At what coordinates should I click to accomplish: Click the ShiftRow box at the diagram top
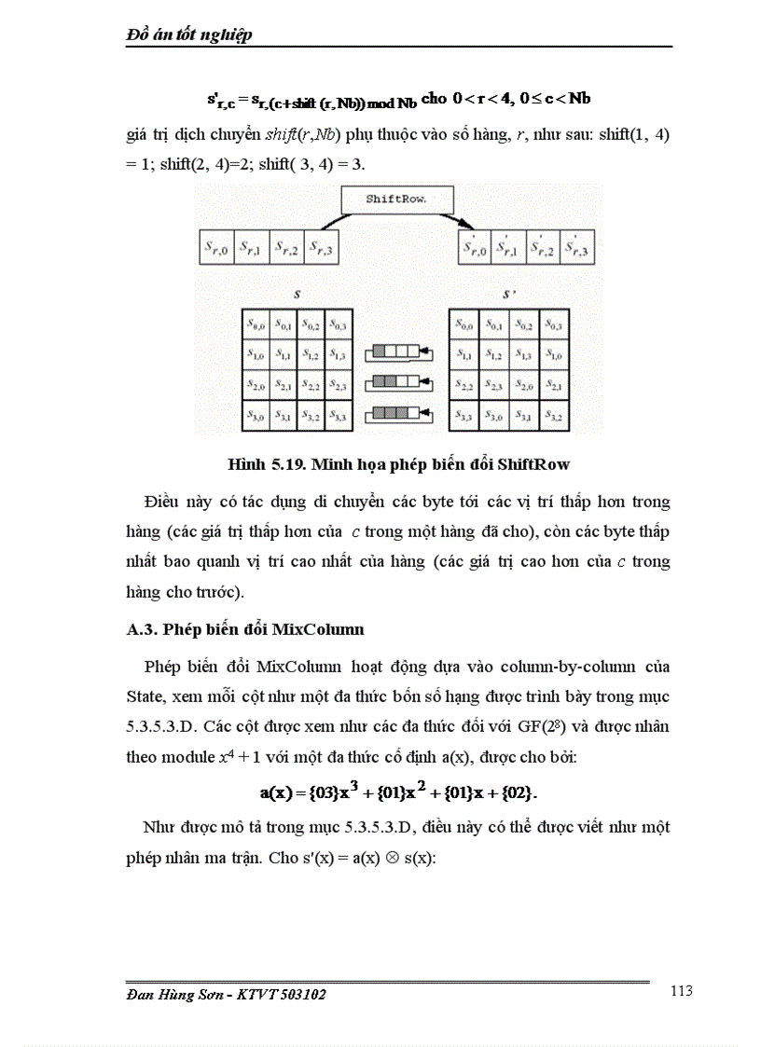pyautogui.click(x=396, y=200)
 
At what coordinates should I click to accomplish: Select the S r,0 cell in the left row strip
pyautogui.click(x=215, y=249)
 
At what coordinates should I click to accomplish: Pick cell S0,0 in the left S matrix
pyautogui.click(x=256, y=325)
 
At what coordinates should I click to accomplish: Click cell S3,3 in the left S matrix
pyautogui.click(x=338, y=416)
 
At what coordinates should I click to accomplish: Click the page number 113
pyautogui.click(x=681, y=991)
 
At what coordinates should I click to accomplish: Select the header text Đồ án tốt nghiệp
pyautogui.click(x=190, y=34)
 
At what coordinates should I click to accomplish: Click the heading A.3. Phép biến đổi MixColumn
pyautogui.click(x=245, y=629)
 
